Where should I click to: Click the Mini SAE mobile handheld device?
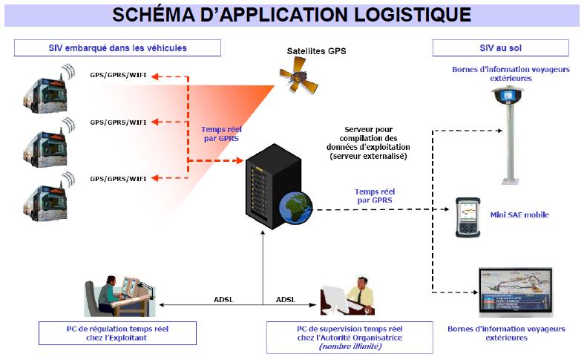[x=467, y=217]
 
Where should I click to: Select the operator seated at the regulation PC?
[x=108, y=293]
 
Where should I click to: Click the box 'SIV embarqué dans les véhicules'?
[x=118, y=48]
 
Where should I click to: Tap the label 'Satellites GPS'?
[x=317, y=51]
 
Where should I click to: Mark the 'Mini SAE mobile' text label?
[x=519, y=216]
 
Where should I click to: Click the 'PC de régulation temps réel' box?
[x=118, y=333]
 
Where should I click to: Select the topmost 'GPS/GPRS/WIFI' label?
[x=118, y=75]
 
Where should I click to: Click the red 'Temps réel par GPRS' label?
[x=220, y=134]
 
